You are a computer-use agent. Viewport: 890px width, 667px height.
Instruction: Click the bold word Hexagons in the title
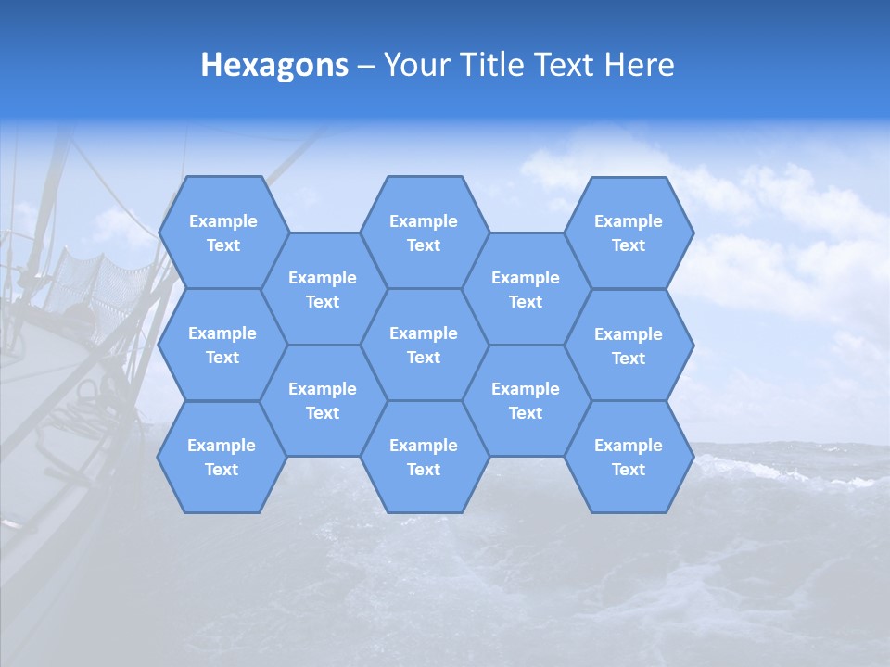274,65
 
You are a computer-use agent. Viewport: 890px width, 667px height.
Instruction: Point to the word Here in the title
640,65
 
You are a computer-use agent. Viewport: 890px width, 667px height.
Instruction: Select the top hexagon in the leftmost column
222,233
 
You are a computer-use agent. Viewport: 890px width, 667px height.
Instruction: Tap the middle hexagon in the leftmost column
222,345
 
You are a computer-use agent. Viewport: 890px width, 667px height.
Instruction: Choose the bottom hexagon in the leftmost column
222,457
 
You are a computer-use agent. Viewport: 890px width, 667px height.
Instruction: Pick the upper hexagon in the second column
323,289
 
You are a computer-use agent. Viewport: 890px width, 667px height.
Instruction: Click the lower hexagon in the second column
323,400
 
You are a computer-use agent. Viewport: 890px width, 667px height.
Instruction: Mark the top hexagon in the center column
424,233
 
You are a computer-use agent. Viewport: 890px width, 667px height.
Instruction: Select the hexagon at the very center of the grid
424,345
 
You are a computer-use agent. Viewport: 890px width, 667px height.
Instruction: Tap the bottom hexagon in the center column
424,457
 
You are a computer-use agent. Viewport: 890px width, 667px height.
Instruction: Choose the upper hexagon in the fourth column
526,289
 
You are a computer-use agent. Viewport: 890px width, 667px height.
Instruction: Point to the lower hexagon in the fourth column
526,400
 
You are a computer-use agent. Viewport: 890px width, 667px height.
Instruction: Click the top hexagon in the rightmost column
629,233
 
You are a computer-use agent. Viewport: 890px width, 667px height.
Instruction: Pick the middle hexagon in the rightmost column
629,346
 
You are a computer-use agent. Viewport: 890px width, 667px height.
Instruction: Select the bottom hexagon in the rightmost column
629,457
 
